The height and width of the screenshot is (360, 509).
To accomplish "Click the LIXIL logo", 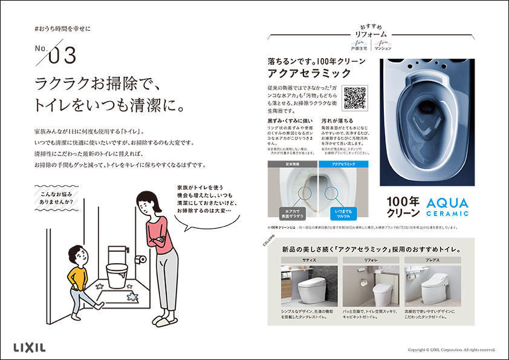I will [29, 347].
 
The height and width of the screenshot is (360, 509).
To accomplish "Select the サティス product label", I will [309, 259].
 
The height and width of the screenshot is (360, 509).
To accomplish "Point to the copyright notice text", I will [451, 349].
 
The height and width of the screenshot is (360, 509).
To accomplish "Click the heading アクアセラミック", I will [310, 74].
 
